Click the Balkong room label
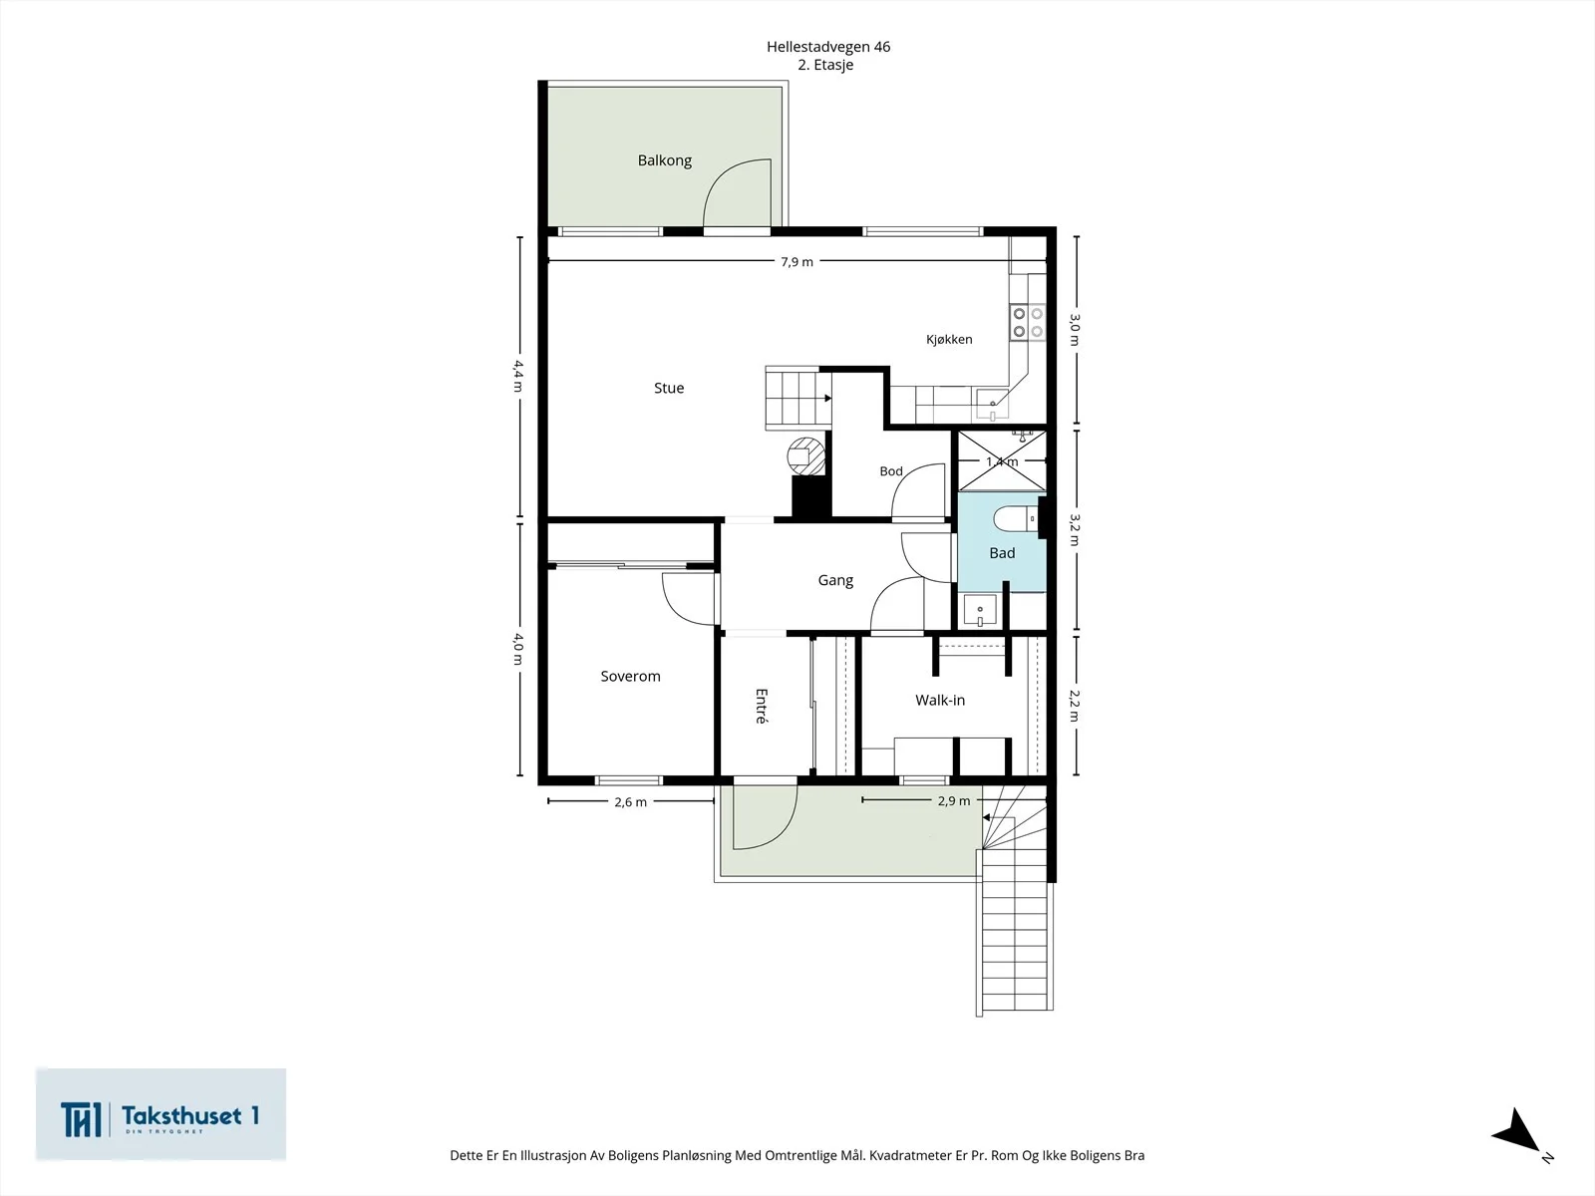click(x=664, y=160)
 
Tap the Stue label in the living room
click(x=669, y=388)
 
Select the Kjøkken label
click(x=949, y=339)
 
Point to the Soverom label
click(x=630, y=676)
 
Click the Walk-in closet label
click(x=940, y=700)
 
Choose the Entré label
click(x=761, y=706)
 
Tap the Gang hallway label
click(x=835, y=580)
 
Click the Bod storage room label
click(x=891, y=471)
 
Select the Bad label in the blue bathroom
click(x=1002, y=553)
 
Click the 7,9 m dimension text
click(x=797, y=262)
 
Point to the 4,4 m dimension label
click(x=518, y=376)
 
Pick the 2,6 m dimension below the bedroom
click(x=630, y=802)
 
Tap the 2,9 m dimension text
click(x=953, y=801)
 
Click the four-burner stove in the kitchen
click(x=1028, y=322)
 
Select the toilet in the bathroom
click(x=1018, y=519)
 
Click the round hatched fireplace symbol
click(x=805, y=456)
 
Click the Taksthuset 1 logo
click(x=160, y=1114)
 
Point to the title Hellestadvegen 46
click(x=828, y=47)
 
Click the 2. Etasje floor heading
click(x=825, y=65)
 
